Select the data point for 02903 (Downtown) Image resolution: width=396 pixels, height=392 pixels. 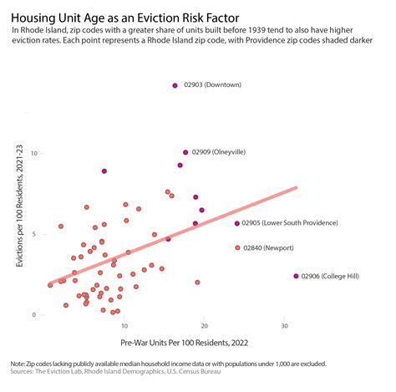pyautogui.click(x=175, y=84)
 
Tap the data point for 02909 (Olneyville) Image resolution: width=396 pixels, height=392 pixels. pyautogui.click(x=185, y=153)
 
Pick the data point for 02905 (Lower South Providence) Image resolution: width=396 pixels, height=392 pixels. pyautogui.click(x=237, y=223)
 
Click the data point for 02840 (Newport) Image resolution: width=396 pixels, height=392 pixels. pyautogui.click(x=237, y=248)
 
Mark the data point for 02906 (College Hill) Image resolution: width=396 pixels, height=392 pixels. pyautogui.click(x=296, y=276)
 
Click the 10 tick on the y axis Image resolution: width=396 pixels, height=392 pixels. pyautogui.click(x=34, y=154)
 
